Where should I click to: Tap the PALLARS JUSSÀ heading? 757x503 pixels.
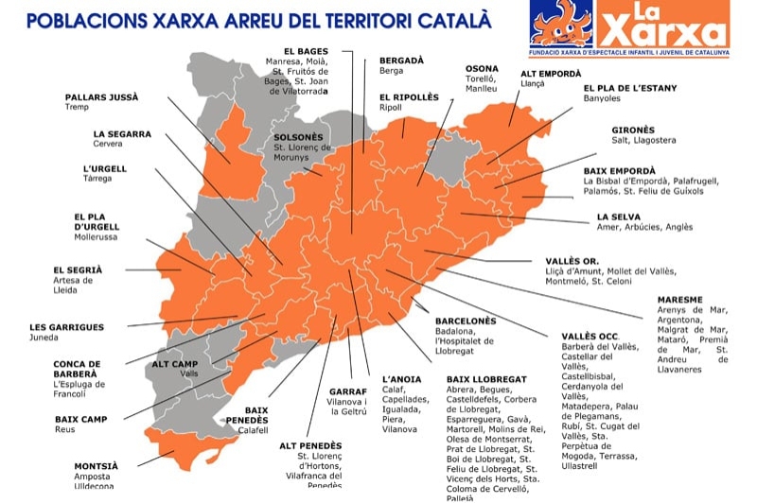point(101,96)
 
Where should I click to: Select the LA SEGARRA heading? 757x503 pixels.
point(122,134)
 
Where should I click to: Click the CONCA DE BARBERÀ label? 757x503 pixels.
point(90,369)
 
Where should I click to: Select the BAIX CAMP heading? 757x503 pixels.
point(80,419)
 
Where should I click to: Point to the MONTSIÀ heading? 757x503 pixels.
point(97,465)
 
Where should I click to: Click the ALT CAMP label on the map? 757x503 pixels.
point(174,364)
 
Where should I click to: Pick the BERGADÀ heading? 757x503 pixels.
point(401,60)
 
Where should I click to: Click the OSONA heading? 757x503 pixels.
point(481,68)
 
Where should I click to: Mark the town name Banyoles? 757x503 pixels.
point(603,97)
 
